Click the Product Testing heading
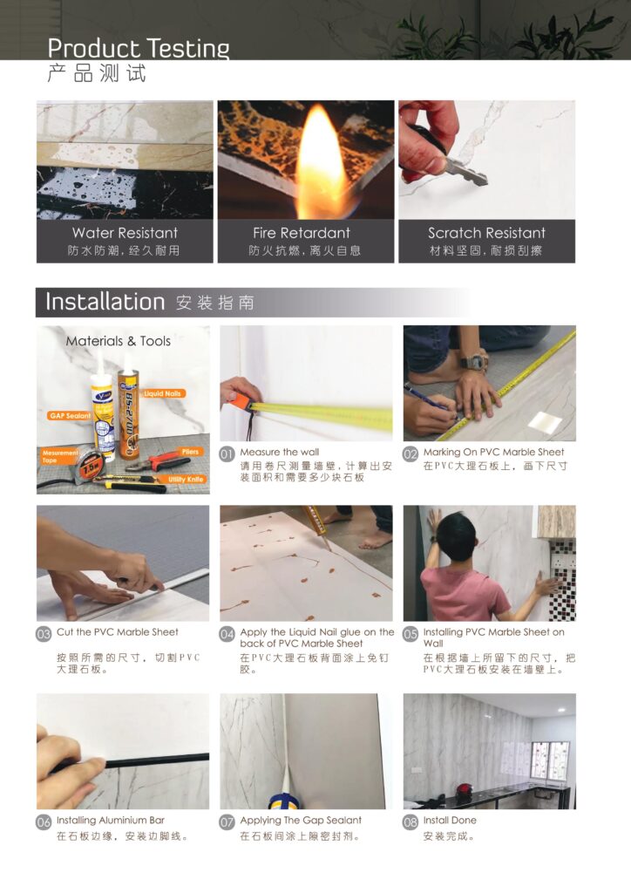(139, 49)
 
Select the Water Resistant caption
(126, 233)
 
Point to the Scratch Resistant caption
(486, 233)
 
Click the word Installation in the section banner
(105, 302)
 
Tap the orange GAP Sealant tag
(70, 416)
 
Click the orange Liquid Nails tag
(162, 393)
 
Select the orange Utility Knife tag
(186, 480)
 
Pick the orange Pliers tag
(190, 452)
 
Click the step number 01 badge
(227, 453)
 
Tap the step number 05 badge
(410, 634)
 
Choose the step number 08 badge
(410, 821)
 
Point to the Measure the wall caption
(280, 452)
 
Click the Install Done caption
(450, 820)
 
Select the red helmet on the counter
(465, 790)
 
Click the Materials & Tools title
(119, 341)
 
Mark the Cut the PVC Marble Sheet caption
(117, 632)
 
